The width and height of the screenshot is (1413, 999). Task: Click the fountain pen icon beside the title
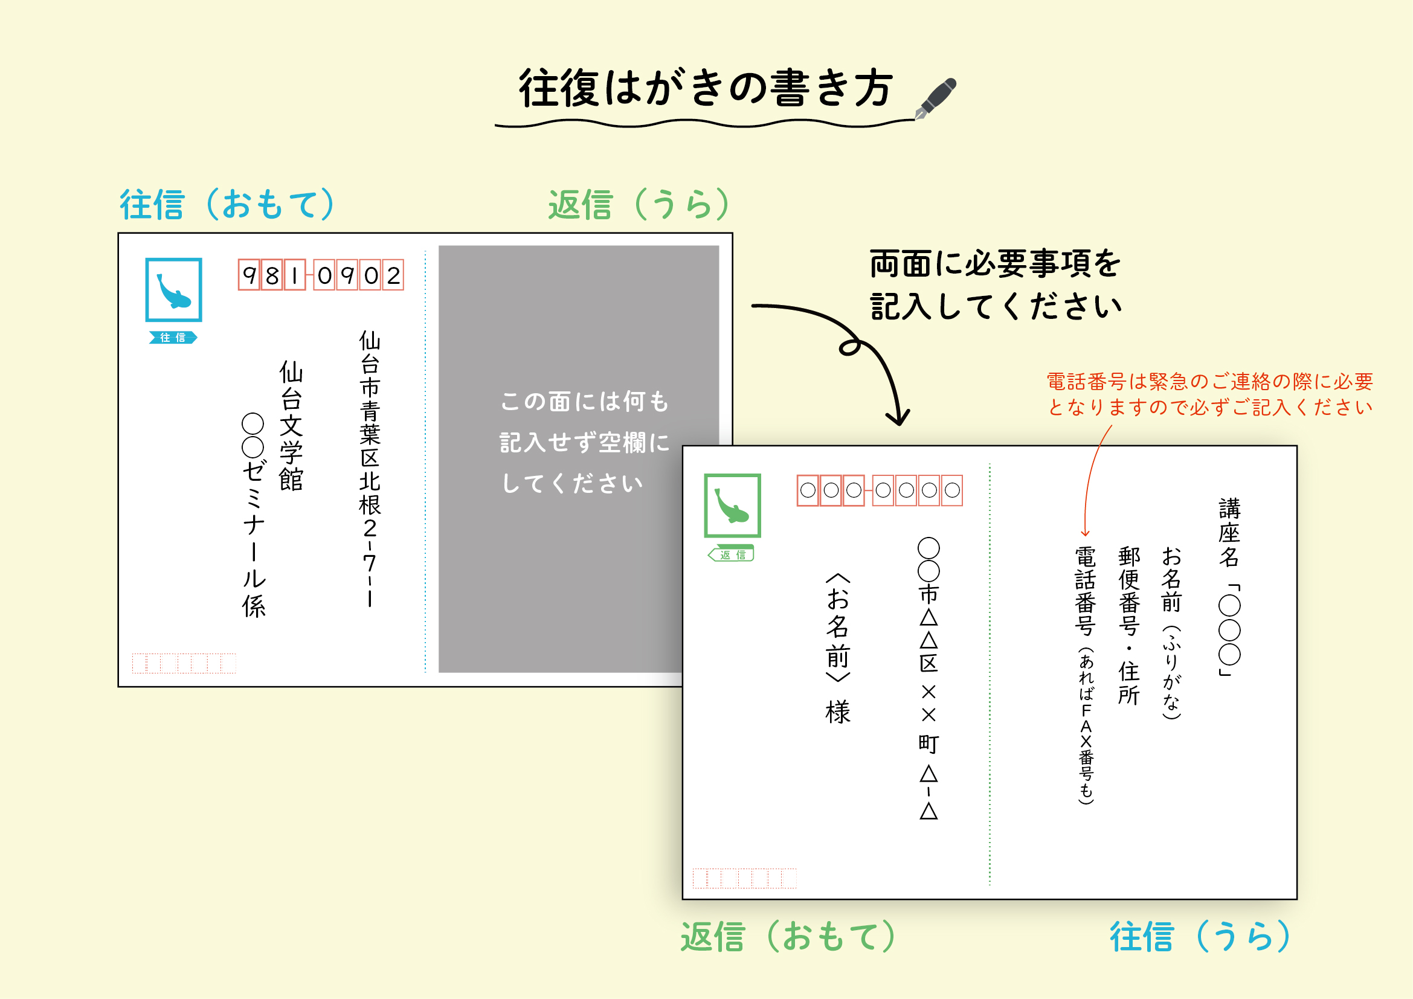coord(935,98)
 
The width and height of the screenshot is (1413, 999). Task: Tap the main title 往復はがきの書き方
coord(705,88)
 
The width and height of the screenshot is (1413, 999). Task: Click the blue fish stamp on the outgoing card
coord(173,290)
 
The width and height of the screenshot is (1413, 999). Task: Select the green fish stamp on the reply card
coord(732,506)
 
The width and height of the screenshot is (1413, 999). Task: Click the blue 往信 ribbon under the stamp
coord(173,337)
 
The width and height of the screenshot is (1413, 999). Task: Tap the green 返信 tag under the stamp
coord(731,554)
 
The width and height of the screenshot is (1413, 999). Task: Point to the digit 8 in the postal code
coord(272,275)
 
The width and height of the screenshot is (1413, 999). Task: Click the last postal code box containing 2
coord(393,275)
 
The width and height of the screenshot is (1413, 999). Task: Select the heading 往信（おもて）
coord(227,204)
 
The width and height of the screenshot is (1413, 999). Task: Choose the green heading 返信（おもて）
coord(788,936)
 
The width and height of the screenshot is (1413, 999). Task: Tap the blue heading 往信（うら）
coord(1200,936)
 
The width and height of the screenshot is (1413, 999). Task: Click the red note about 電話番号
coord(1210,394)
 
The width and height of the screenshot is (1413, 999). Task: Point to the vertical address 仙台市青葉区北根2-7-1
coord(370,469)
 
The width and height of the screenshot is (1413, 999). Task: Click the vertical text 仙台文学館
coord(291,426)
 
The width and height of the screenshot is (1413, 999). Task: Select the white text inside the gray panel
coord(584,442)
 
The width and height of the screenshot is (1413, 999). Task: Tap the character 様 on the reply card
coord(837,712)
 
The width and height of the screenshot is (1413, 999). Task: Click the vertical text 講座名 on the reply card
coord(1229,533)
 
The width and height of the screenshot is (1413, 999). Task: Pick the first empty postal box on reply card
coord(808,490)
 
